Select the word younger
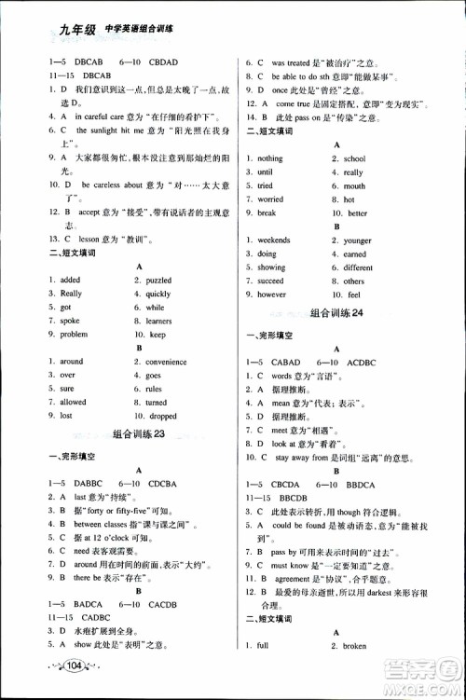tap(357, 240)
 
